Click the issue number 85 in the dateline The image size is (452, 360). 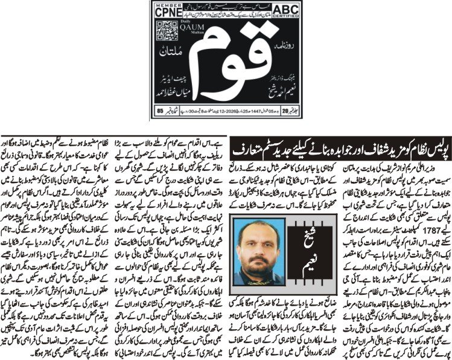[161, 109]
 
